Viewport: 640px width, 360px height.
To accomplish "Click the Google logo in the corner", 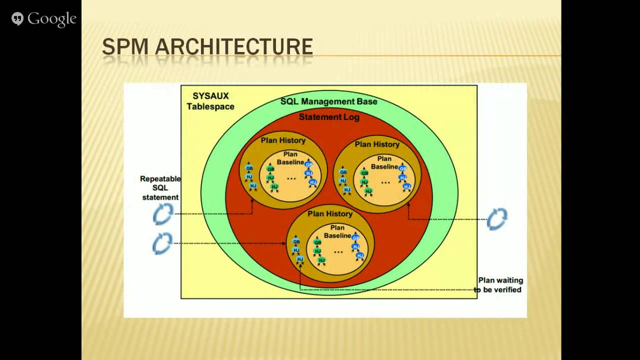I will (x=44, y=19).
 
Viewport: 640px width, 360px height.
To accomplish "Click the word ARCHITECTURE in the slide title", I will (x=234, y=47).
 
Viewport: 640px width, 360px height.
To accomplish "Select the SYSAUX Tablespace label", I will (x=210, y=101).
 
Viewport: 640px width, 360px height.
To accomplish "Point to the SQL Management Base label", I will (x=328, y=101).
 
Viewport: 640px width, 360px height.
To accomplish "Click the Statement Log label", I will (x=329, y=117).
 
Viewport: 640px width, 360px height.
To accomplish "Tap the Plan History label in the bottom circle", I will (x=330, y=214).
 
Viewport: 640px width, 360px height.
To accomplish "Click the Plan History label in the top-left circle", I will (x=283, y=140).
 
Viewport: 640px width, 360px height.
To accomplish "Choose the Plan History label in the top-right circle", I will (x=377, y=144).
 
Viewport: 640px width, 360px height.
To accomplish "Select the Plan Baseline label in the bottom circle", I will (x=337, y=231).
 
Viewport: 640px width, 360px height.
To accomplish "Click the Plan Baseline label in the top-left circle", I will (x=290, y=158).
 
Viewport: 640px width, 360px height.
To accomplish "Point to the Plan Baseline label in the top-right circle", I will (x=384, y=162).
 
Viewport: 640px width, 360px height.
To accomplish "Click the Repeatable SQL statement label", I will (x=160, y=188).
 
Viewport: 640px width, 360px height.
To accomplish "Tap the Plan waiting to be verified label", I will (x=498, y=285).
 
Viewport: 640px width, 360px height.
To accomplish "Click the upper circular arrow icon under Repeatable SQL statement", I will (x=162, y=214).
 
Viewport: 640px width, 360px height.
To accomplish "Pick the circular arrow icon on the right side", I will (x=497, y=219).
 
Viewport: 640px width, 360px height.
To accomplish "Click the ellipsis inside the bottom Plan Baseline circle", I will (x=338, y=251).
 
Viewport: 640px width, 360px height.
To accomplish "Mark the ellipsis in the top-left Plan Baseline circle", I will (x=291, y=178).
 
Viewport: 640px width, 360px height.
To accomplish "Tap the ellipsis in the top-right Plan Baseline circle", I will (x=385, y=182).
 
